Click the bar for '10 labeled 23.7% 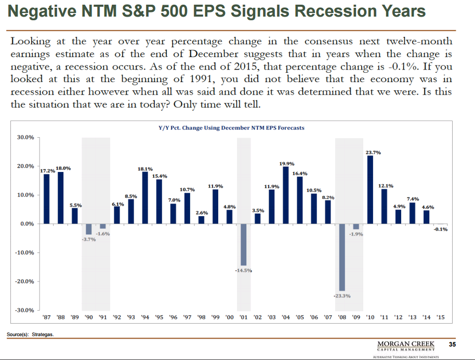pyautogui.click(x=370, y=190)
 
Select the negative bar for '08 pyautogui.click(x=342, y=257)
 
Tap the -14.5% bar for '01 pyautogui.click(x=243, y=244)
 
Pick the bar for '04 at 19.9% pyautogui.click(x=285, y=195)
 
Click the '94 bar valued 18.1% pyautogui.click(x=145, y=197)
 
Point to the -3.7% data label pyautogui.click(x=88, y=239)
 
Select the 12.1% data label pyautogui.click(x=385, y=185)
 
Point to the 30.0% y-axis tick pyautogui.click(x=25, y=137)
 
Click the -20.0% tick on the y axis pyautogui.click(x=24, y=282)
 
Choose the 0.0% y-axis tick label pyautogui.click(x=27, y=224)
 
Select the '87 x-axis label pyautogui.click(x=46, y=316)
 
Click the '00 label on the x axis pyautogui.click(x=229, y=316)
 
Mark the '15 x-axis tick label pyautogui.click(x=441, y=316)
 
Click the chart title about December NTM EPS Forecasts pyautogui.click(x=231, y=128)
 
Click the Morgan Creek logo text pyautogui.click(x=406, y=344)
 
